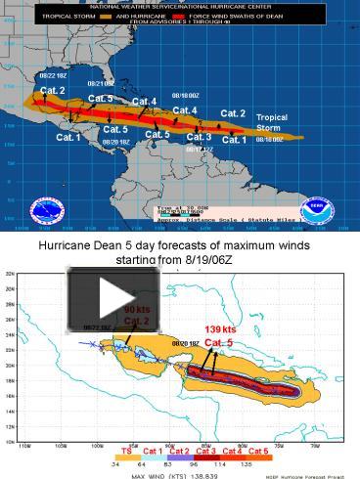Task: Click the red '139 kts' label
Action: click(x=220, y=329)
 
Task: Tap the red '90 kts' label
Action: click(x=136, y=309)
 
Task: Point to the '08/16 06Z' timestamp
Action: click(x=269, y=140)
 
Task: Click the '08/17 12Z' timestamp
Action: click(x=199, y=150)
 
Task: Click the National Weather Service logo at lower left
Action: click(x=46, y=209)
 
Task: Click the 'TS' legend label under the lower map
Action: click(x=126, y=451)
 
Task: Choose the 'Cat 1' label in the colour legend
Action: click(x=154, y=451)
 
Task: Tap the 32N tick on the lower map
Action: click(x=10, y=275)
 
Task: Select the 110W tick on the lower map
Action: click(x=22, y=445)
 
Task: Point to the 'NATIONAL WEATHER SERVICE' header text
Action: click(x=137, y=7)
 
